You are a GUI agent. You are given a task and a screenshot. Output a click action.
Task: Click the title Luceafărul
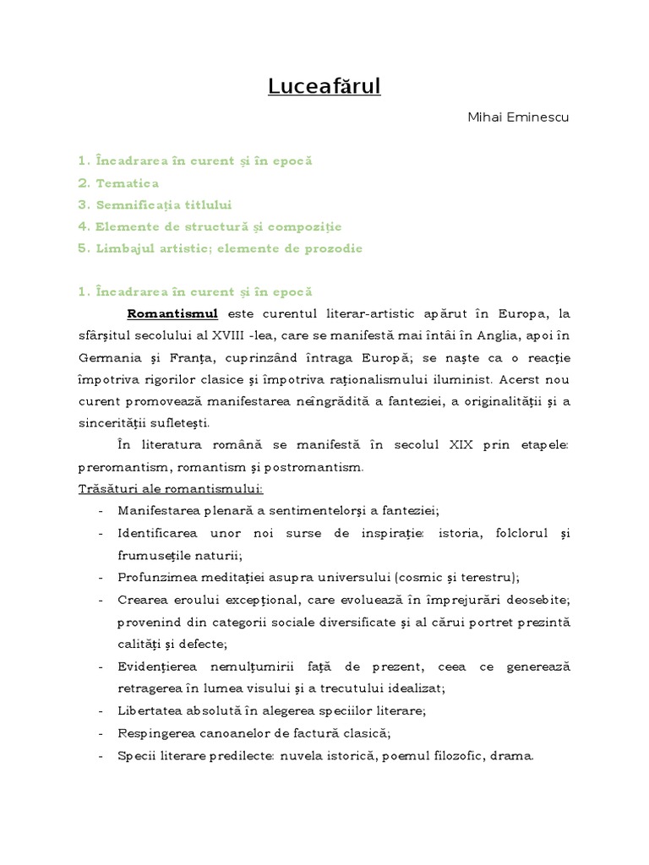tap(324, 86)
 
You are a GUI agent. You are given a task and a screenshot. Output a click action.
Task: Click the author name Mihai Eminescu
tap(518, 117)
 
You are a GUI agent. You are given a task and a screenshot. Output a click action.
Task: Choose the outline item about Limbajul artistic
tap(220, 248)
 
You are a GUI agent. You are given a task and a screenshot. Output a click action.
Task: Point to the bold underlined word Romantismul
tap(172, 314)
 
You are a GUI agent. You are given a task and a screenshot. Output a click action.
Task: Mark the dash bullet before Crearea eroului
tap(101, 600)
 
